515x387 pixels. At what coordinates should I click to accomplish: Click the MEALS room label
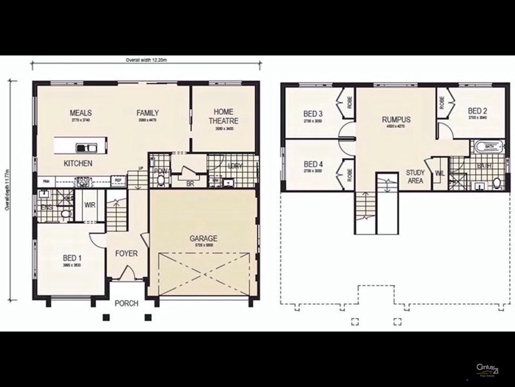80,113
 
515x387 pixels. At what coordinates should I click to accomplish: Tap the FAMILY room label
147,113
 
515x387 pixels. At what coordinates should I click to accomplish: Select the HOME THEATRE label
223,116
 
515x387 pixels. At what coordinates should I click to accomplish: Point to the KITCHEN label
77,163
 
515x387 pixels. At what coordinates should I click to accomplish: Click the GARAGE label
203,239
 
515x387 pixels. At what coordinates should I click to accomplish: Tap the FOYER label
127,253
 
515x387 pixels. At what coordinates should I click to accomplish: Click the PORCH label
127,303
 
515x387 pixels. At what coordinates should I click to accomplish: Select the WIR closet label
90,206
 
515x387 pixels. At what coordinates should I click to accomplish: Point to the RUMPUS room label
396,119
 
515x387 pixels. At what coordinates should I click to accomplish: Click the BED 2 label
477,110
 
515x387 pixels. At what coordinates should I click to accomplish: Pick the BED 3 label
313,115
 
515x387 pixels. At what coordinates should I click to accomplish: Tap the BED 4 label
313,164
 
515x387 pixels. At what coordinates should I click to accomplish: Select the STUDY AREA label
415,177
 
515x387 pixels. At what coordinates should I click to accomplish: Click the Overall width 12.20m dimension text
146,59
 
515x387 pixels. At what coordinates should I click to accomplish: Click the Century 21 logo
487,369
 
